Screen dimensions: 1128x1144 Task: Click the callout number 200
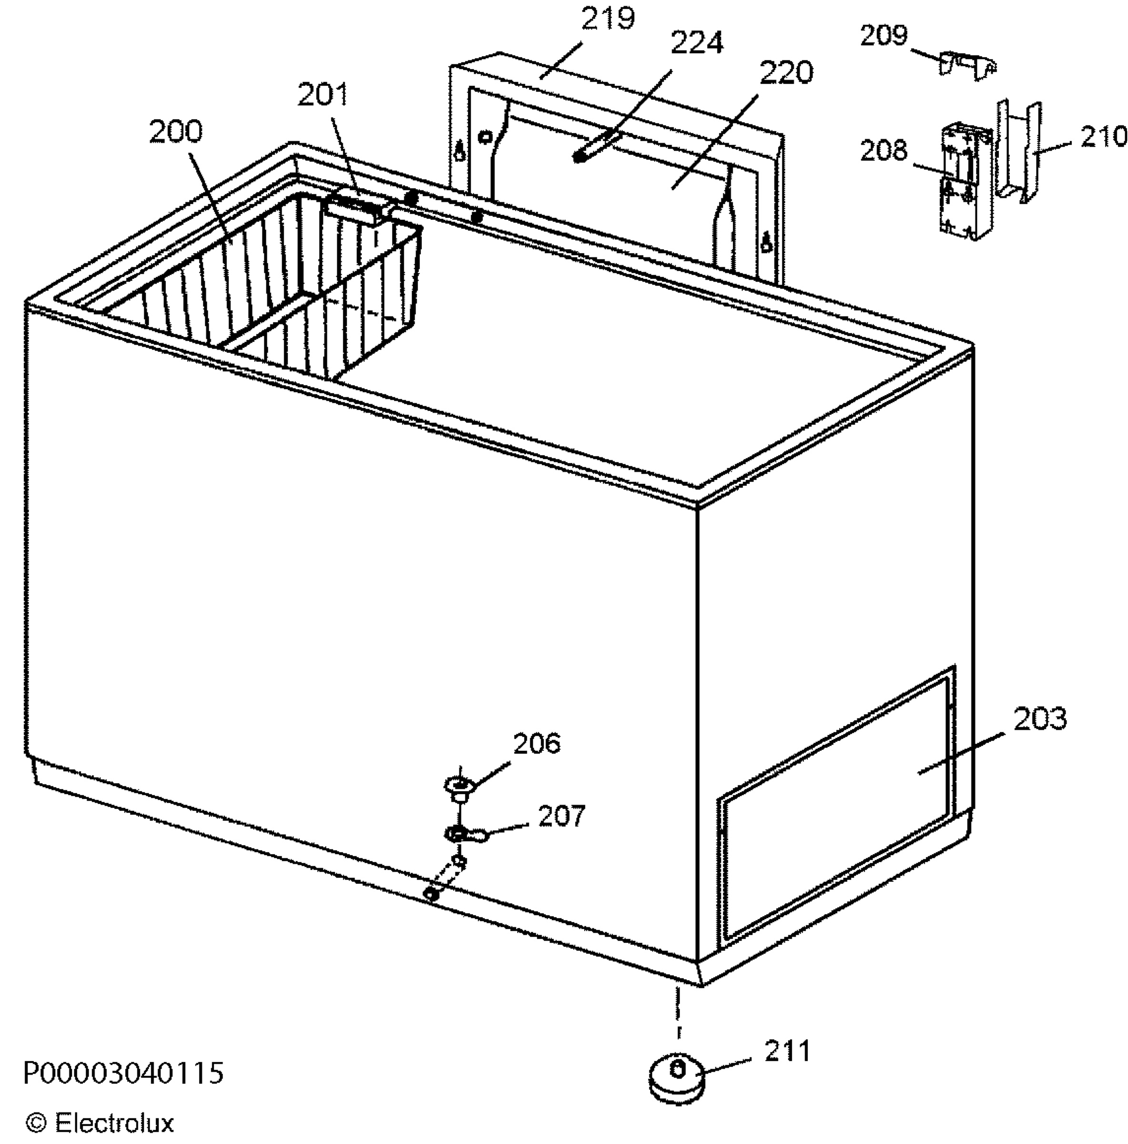click(175, 132)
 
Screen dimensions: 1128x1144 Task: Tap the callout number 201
click(323, 95)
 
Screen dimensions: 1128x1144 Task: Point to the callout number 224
click(696, 42)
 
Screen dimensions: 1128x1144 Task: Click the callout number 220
click(786, 72)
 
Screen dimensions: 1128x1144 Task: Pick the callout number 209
click(884, 36)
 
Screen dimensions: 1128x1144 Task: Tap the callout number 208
click(884, 151)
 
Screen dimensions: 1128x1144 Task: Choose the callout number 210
click(1104, 137)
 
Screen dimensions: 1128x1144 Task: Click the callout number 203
click(1040, 718)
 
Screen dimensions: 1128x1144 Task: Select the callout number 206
click(537, 744)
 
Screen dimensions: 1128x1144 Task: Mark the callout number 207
click(561, 816)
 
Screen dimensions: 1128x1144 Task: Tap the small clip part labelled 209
click(967, 64)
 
